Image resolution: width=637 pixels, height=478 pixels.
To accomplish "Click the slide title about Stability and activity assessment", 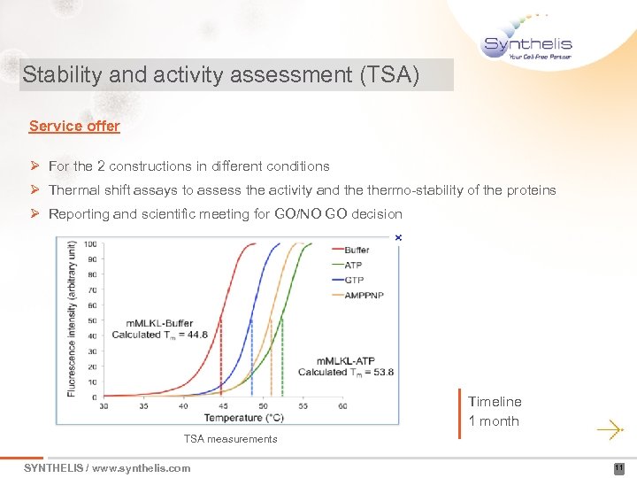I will click(x=221, y=74).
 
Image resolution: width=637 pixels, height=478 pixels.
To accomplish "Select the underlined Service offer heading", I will click(x=74, y=126).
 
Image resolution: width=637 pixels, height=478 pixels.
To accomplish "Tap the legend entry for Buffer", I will click(x=357, y=250).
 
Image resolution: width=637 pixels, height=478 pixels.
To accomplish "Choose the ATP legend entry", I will click(x=353, y=265).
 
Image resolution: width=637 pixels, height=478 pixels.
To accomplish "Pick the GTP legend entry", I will click(x=353, y=280).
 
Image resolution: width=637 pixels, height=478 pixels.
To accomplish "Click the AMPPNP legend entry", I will click(x=363, y=295).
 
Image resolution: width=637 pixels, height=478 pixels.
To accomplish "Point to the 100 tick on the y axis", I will click(x=89, y=244).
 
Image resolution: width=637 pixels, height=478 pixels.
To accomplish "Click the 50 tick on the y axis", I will click(x=92, y=320).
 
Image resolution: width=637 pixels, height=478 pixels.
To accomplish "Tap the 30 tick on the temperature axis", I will click(x=104, y=406).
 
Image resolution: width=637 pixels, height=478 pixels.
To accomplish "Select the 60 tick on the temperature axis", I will click(x=342, y=406).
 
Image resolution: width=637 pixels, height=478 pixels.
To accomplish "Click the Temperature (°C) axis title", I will click(x=244, y=418).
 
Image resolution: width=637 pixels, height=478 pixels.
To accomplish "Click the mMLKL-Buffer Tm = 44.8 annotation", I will click(x=159, y=329).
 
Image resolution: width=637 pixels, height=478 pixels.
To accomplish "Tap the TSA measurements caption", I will click(x=230, y=439).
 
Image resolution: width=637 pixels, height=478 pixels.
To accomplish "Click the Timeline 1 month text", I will click(x=495, y=412).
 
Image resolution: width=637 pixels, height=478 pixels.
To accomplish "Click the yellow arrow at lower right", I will click(x=610, y=429).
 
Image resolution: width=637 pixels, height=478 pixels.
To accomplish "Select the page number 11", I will click(x=619, y=468).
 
